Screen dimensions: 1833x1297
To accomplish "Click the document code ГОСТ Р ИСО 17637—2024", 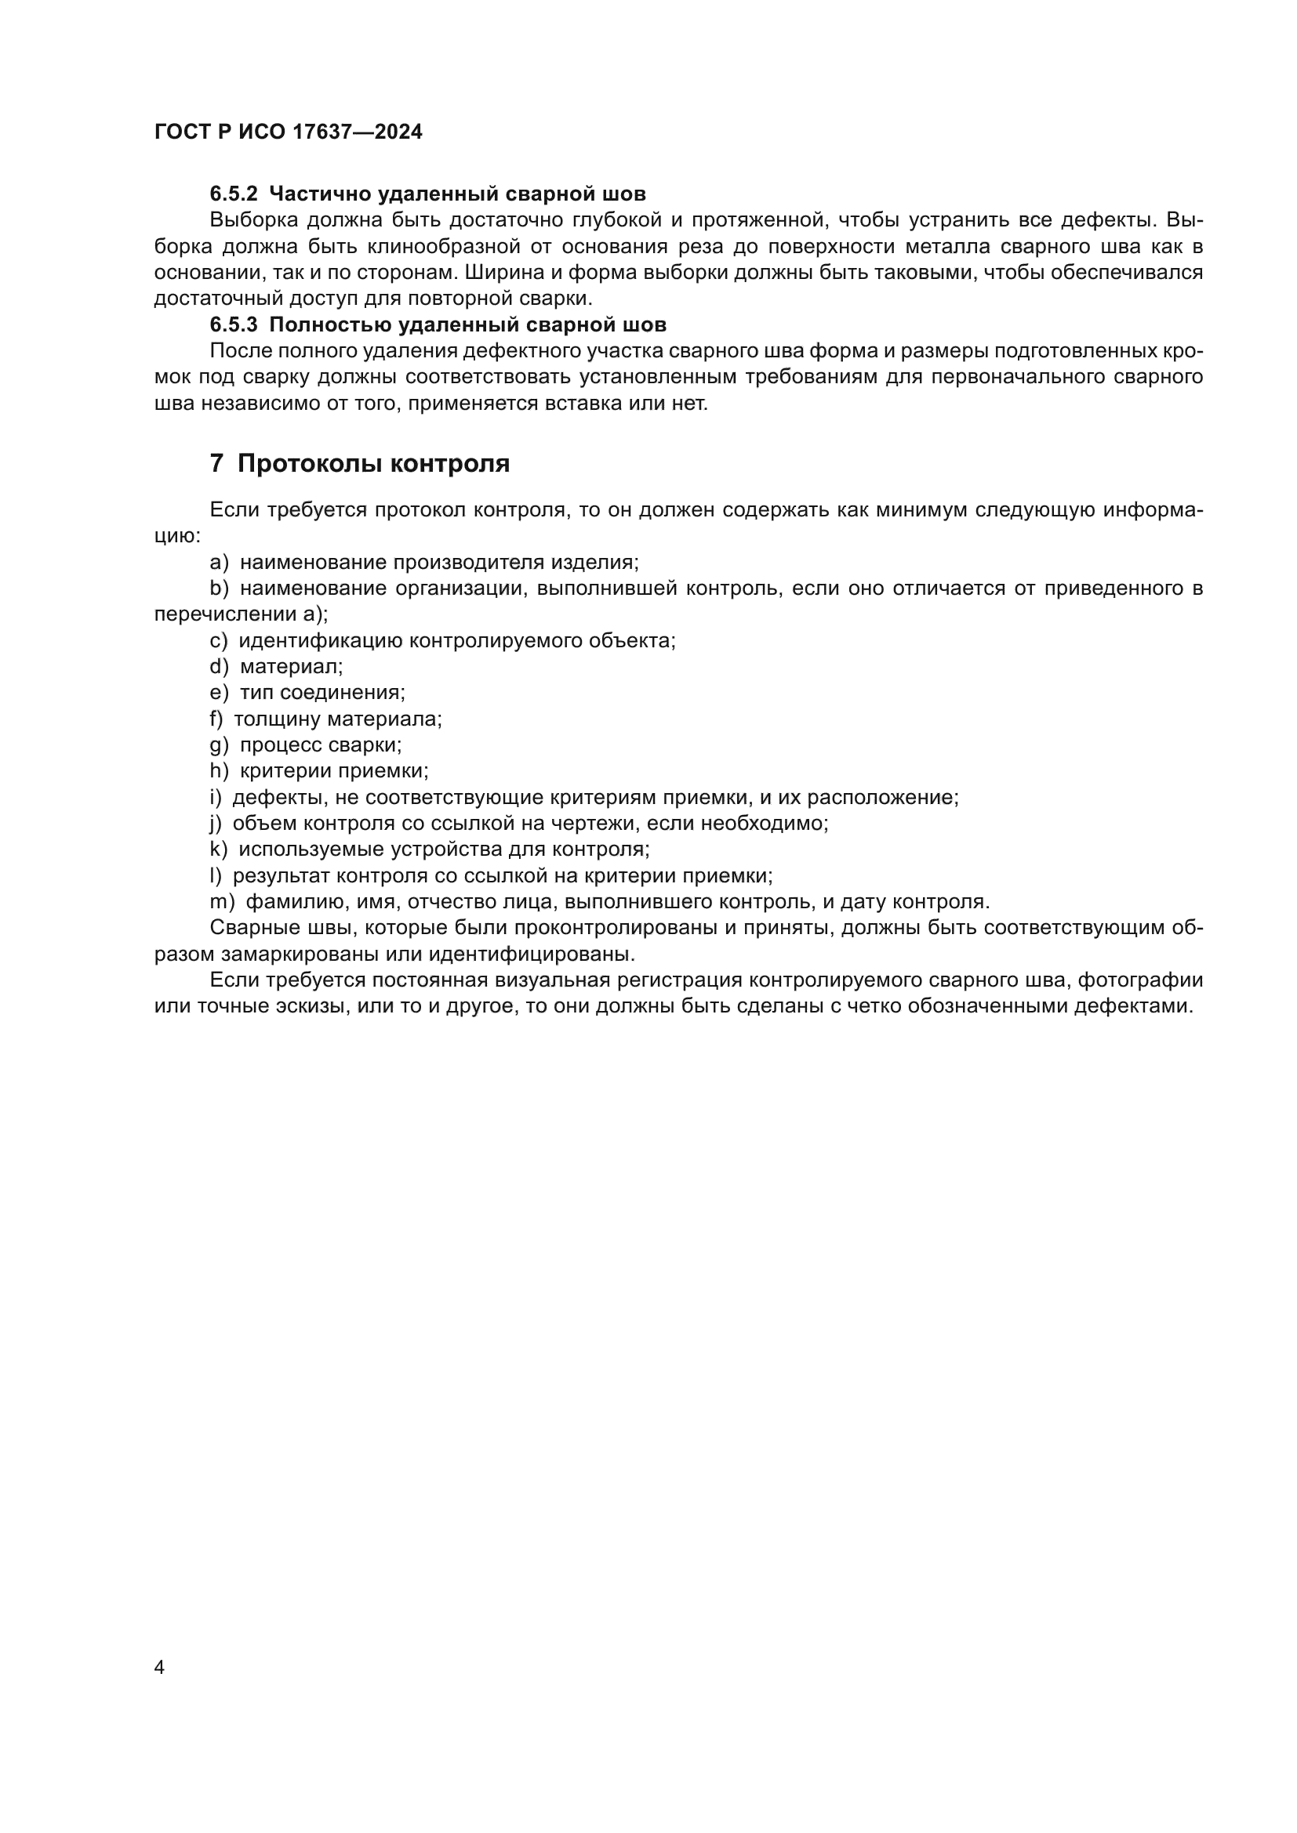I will [x=288, y=132].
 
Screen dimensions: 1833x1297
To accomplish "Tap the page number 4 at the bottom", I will [x=159, y=1667].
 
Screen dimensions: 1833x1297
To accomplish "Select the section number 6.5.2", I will [x=234, y=194].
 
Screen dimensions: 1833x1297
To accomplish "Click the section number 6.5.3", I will [x=234, y=325].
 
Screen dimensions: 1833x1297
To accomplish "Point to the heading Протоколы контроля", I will [x=373, y=464].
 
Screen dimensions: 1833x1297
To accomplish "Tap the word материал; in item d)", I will [x=291, y=667].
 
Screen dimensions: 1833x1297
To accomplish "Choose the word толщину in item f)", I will [x=277, y=719].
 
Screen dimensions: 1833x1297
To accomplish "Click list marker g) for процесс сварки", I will [x=219, y=745].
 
